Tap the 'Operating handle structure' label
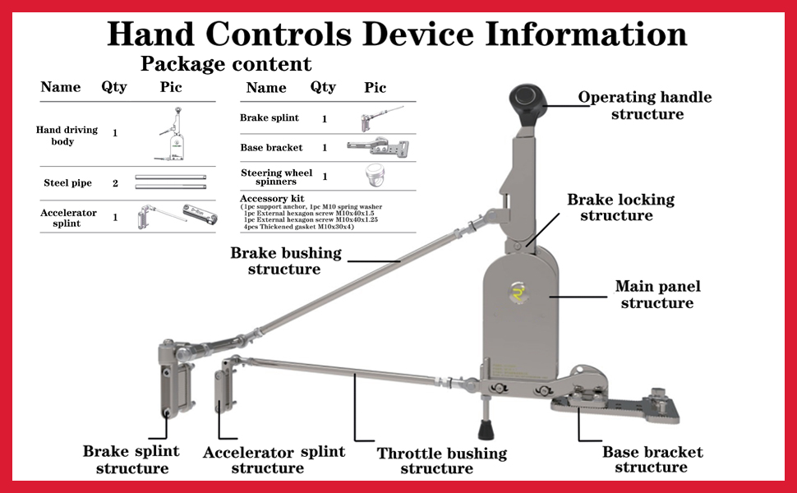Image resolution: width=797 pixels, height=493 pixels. (646, 105)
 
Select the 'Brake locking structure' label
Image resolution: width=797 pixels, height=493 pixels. (620, 207)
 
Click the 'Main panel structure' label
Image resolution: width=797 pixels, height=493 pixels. (657, 294)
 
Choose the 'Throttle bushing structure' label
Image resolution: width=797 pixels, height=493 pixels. (441, 460)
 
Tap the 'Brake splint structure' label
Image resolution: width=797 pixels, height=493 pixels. (131, 459)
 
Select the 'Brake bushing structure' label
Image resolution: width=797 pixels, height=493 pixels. (284, 260)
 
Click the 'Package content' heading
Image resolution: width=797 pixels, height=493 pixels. (226, 63)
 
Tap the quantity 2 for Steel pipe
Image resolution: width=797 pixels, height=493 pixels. (115, 183)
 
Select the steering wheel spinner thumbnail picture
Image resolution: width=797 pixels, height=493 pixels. (375, 176)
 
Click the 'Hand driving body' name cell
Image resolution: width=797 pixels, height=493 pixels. (67, 136)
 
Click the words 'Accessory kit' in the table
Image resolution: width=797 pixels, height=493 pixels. (272, 198)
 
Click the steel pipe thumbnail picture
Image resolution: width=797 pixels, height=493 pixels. (171, 182)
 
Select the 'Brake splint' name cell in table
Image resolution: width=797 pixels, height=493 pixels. (270, 117)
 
